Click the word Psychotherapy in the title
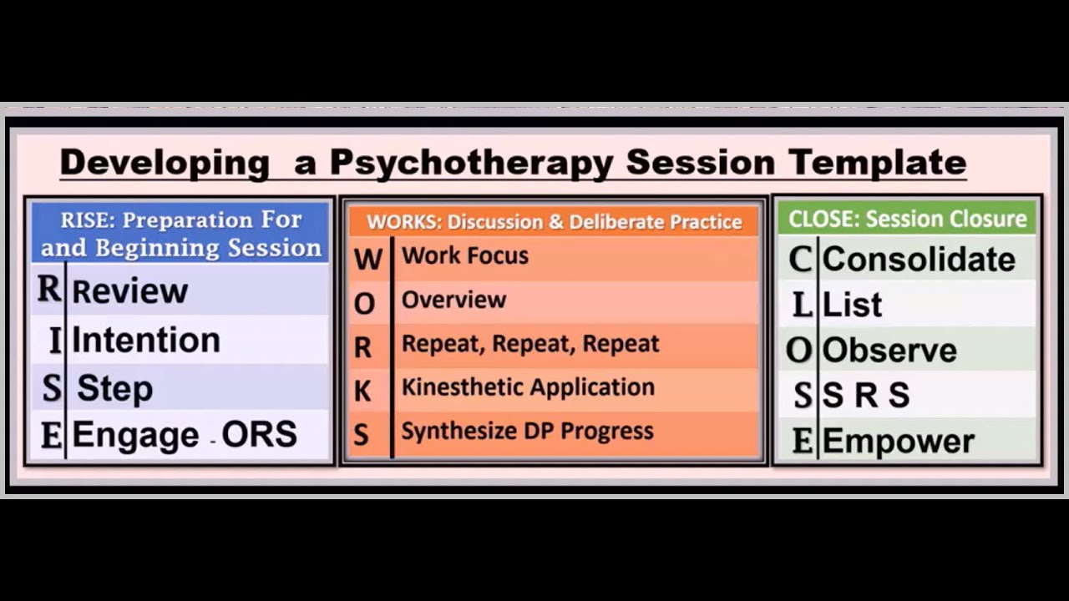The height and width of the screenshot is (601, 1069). (472, 162)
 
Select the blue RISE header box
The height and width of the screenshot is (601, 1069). (180, 234)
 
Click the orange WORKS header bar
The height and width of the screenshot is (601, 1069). (554, 222)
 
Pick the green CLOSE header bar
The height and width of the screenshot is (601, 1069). (907, 219)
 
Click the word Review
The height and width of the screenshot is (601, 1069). (129, 291)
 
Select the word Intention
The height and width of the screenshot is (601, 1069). (146, 340)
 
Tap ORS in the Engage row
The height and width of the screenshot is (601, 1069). (259, 434)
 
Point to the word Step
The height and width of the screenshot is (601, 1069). (114, 388)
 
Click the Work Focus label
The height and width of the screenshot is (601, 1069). (465, 255)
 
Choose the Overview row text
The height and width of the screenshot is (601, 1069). (453, 300)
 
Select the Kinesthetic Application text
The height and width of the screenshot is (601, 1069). (528, 387)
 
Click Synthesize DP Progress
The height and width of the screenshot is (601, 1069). (527, 432)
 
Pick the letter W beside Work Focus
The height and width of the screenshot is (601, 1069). (367, 259)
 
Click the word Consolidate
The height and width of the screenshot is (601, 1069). (919, 260)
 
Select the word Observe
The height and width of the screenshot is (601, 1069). (889, 351)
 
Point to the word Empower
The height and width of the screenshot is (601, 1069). (899, 442)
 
